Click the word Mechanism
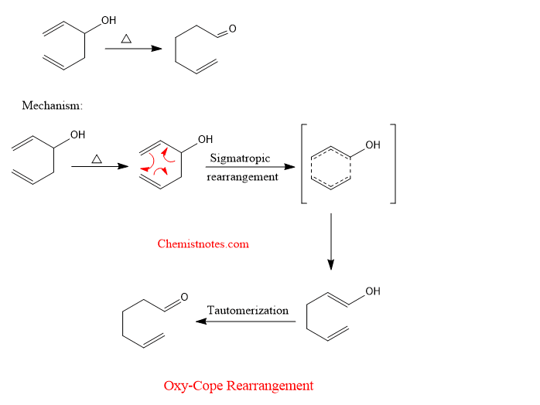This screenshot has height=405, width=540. (x=52, y=105)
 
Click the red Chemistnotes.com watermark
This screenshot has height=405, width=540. (x=203, y=243)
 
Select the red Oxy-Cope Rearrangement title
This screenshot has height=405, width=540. (x=238, y=385)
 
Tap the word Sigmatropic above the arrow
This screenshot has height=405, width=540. (x=240, y=158)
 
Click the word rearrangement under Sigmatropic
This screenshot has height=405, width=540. (x=242, y=176)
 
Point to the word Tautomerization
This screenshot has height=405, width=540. (x=248, y=311)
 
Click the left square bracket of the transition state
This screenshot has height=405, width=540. (x=304, y=163)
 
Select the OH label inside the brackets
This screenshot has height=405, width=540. (x=373, y=145)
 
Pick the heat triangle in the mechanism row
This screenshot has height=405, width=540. (x=97, y=158)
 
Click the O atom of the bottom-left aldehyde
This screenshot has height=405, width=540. (x=183, y=297)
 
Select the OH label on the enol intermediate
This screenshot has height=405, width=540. (x=373, y=291)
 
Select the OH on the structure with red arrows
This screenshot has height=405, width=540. (x=205, y=140)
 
